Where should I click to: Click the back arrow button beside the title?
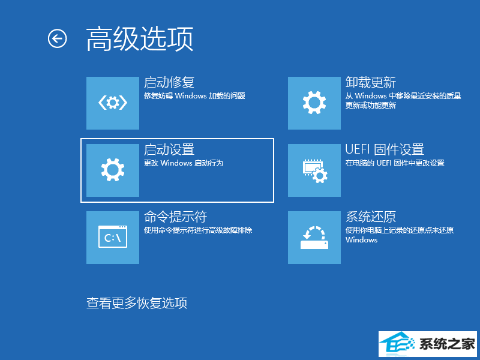coord(57,38)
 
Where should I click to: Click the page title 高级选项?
coord(140,39)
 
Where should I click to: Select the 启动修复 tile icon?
coord(113,103)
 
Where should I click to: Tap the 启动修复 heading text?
coord(169,83)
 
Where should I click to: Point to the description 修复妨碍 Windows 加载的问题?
coord(194,96)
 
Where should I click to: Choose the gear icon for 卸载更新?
coord(314,103)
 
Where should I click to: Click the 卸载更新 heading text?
coord(371,83)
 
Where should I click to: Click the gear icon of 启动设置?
coord(113,170)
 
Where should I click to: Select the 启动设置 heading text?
coord(169,149)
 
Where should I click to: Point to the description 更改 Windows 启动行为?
coord(184,163)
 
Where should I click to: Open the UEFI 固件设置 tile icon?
coord(314,170)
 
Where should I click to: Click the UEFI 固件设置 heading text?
coord(385,149)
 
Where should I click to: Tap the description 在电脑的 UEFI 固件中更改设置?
coord(395,163)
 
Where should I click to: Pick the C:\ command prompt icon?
coord(113,237)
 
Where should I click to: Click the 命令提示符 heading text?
coord(175,217)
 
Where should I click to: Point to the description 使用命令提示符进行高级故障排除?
coord(198,230)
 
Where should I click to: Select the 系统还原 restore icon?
coord(314,237)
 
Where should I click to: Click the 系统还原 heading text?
coord(371,217)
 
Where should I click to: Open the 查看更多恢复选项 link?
coord(137,303)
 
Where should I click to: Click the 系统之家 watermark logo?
coord(428,344)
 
